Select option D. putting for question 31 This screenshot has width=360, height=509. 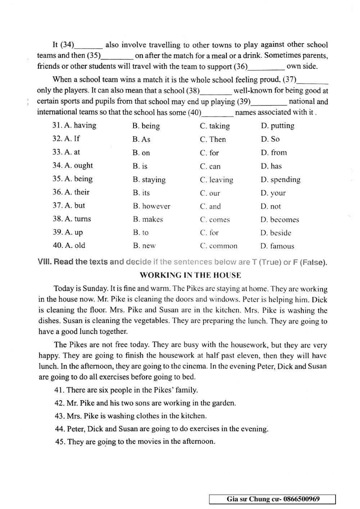278,126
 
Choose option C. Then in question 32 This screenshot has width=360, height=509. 213,139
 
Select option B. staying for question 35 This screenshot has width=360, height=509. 149,179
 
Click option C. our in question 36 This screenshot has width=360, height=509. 210,193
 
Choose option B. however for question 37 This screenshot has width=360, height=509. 151,206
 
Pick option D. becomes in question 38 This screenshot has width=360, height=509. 280,220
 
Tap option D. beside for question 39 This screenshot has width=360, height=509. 276,233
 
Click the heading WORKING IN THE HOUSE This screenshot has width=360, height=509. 190,276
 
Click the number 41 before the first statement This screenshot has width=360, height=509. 59,390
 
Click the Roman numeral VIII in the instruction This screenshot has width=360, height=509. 45,262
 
